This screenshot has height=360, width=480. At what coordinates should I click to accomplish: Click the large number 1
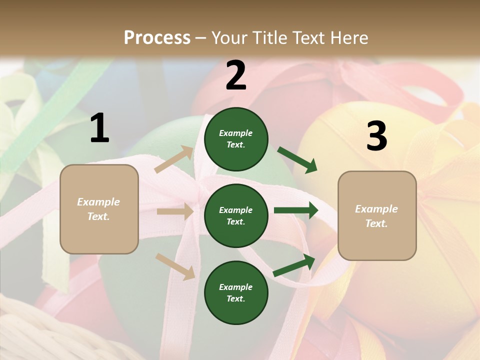(99, 128)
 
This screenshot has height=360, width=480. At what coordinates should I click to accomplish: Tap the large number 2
(236, 75)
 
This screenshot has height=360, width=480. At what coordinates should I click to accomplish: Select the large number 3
(376, 136)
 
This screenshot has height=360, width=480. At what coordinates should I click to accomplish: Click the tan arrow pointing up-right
(174, 159)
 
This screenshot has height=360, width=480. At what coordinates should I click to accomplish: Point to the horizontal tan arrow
(175, 211)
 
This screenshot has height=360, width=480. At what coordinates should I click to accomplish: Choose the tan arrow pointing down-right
(175, 266)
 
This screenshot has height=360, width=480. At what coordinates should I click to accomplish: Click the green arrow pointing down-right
(297, 160)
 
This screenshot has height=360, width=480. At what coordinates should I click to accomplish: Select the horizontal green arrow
(296, 210)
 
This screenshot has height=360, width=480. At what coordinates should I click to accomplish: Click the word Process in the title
(157, 37)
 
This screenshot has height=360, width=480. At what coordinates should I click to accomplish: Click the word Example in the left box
(98, 202)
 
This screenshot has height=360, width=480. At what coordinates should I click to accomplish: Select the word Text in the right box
(376, 223)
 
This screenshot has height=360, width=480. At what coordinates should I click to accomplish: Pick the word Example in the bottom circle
(236, 287)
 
